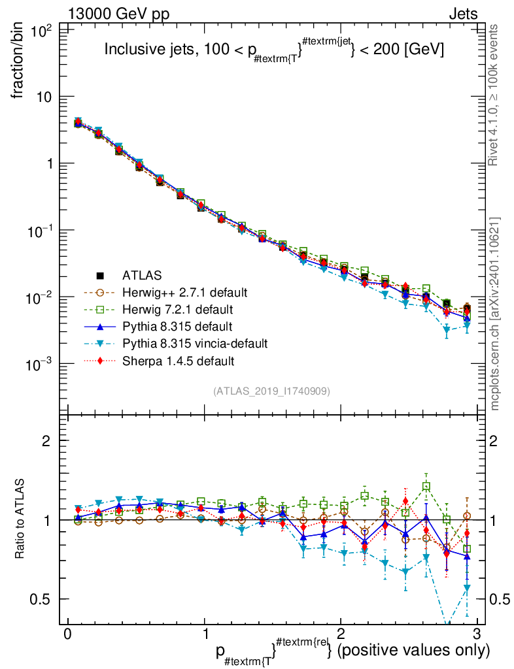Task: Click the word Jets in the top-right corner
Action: (463, 14)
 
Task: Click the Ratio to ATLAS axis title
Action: (20, 519)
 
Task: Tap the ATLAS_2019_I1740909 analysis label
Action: (271, 391)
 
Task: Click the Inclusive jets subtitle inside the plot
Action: (275, 50)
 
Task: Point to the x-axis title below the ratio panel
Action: (352, 651)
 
